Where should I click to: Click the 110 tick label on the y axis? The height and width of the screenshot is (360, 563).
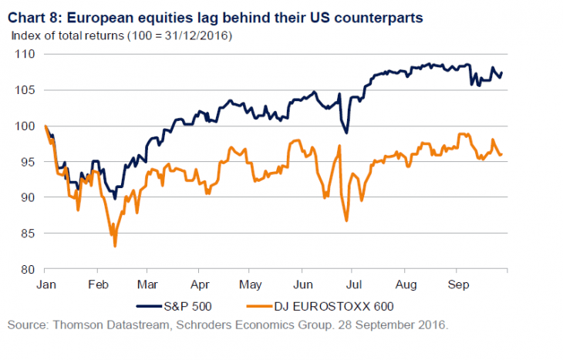tap(24, 54)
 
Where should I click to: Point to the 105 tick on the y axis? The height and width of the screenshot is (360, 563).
tap(24, 90)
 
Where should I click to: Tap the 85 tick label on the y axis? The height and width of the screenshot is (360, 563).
tap(26, 234)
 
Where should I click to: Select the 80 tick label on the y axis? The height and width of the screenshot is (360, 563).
tap(26, 269)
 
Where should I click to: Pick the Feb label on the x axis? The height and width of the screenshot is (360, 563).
tap(96, 284)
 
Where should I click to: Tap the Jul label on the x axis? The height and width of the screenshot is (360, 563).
tap(351, 284)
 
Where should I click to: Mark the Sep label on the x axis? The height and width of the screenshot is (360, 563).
tap(457, 284)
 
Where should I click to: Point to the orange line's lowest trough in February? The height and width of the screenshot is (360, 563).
tap(115, 245)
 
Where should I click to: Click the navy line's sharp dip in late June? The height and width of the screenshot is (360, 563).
tap(346, 133)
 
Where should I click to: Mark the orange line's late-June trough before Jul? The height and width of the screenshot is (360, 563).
tap(346, 220)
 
